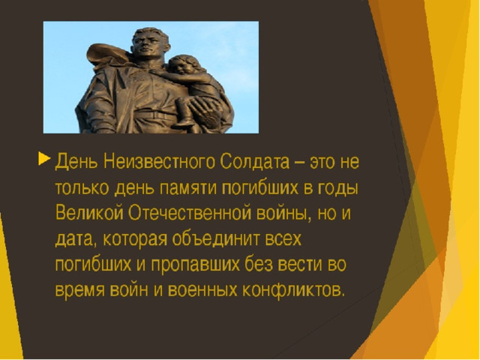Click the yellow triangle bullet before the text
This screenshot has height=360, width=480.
point(44,159)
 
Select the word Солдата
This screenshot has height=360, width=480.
point(255,161)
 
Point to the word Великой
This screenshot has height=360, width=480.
point(89,211)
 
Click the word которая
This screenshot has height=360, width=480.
point(135,239)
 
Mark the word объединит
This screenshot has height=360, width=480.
point(215,238)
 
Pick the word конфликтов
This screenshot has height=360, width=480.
point(294,289)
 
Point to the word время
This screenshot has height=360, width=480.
point(80,290)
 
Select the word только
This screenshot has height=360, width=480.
point(82,187)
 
